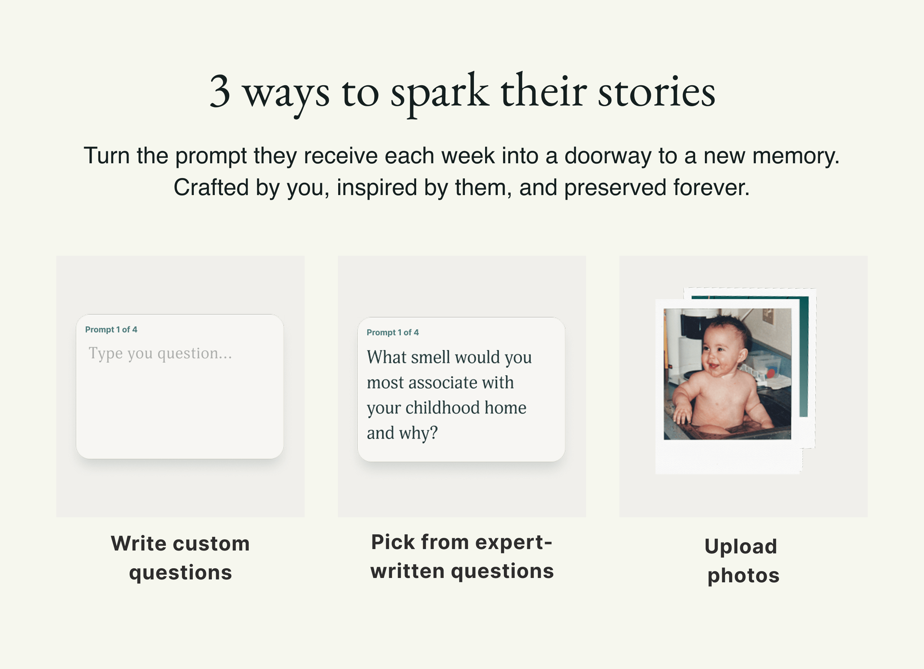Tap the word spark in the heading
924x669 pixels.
point(440,94)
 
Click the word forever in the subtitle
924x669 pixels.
point(711,187)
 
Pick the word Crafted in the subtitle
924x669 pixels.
point(211,187)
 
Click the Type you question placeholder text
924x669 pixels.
point(160,353)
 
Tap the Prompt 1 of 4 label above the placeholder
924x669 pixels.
point(111,329)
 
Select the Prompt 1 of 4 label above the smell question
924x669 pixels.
point(393,332)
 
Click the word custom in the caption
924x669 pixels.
point(212,544)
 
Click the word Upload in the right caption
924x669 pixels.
point(741,547)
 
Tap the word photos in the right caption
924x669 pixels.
point(744,576)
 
